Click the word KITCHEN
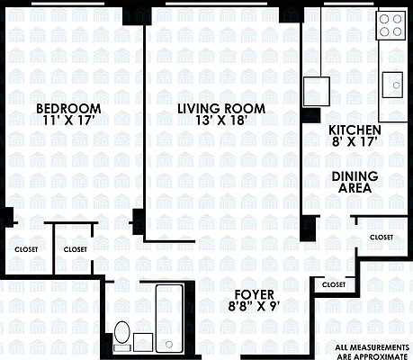coord(355,129)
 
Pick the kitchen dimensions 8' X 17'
coord(355,142)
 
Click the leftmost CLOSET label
coord(26,249)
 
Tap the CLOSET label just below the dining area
coord(382,237)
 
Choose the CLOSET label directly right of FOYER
coord(333,284)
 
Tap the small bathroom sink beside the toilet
coord(142,341)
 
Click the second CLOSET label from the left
coord(76,249)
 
